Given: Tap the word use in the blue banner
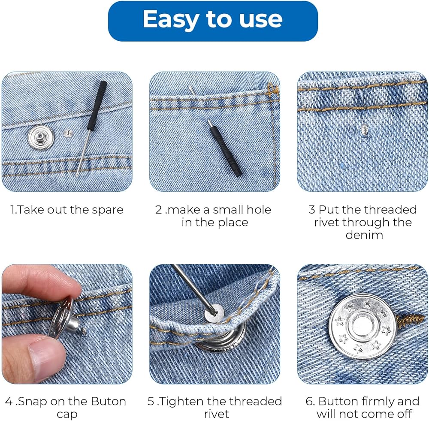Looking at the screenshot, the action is (261, 19).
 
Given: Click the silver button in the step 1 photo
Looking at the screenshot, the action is (41, 137).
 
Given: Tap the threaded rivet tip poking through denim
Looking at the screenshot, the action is (365, 127).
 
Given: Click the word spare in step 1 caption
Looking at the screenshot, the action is (108, 210).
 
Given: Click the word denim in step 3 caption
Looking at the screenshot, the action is (364, 235).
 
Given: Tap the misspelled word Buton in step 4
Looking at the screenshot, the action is (109, 402).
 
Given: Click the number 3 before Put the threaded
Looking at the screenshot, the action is (311, 210).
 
